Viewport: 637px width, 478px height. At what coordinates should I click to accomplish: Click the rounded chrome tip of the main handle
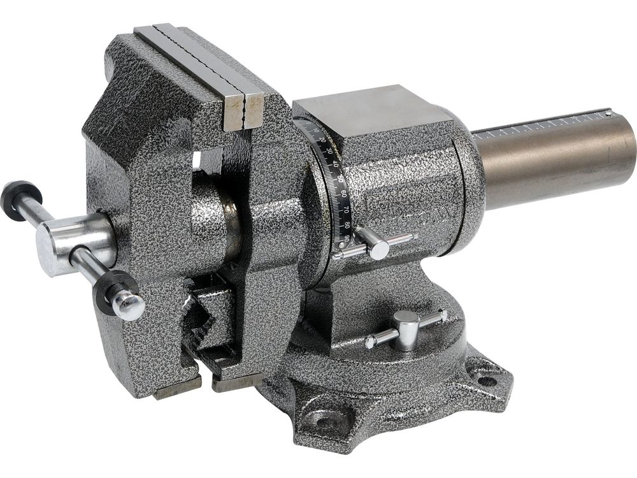(x=129, y=306)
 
